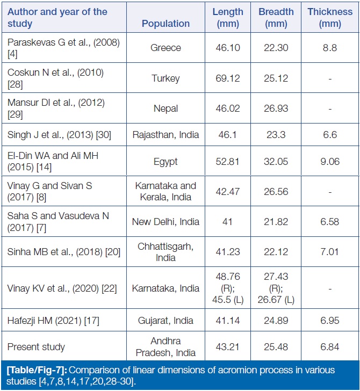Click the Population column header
165,24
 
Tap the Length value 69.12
228,78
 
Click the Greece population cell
165,48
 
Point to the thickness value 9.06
329,161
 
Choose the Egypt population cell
165,161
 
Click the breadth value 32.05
276,161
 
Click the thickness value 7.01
329,251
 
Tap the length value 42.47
228,191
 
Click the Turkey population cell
165,78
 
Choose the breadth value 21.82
276,221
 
